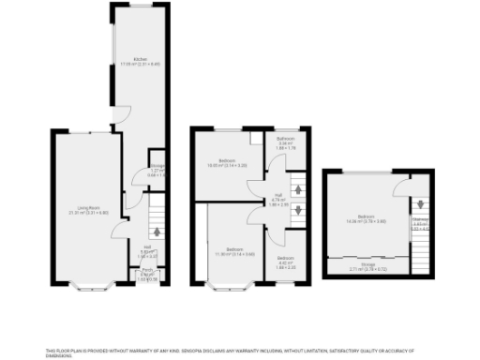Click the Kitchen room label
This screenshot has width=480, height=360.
pos(140,62)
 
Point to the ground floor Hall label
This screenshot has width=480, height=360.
pos(148,248)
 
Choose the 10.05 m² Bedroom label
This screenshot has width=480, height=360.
pos(227,162)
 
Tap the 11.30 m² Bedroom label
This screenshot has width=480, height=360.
pos(227,251)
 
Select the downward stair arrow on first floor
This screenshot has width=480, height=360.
pos(298,210)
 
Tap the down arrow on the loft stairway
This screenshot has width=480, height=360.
pos(419,203)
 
